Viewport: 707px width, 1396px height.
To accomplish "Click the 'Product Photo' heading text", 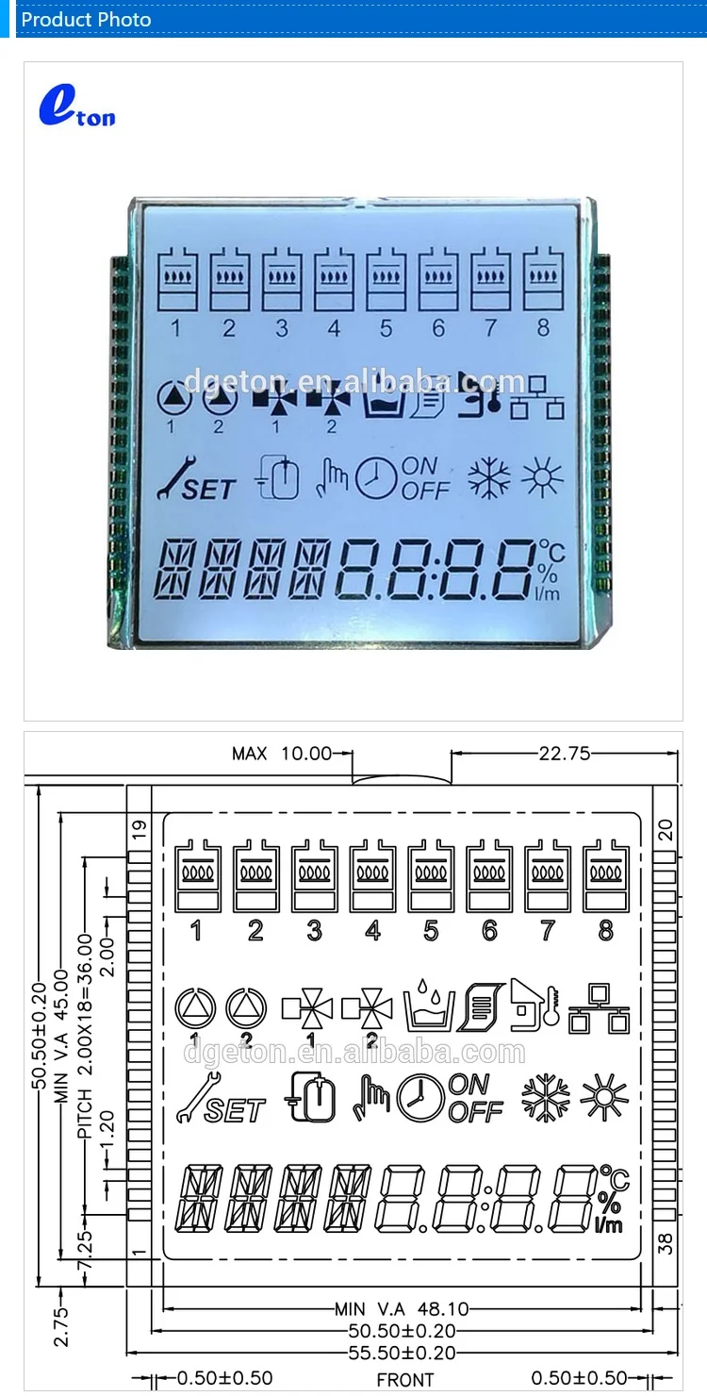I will pyautogui.click(x=86, y=19).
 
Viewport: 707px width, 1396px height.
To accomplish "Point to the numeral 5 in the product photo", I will pyautogui.click(x=386, y=328).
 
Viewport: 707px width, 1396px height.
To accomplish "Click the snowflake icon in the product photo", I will pyautogui.click(x=490, y=479).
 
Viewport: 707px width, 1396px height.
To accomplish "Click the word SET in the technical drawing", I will pyautogui.click(x=235, y=1110).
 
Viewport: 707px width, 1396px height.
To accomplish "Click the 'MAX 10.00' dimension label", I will pyautogui.click(x=282, y=754).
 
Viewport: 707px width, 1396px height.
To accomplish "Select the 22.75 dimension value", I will pyautogui.click(x=564, y=754).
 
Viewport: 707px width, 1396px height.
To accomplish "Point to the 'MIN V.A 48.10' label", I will pyautogui.click(x=401, y=1309).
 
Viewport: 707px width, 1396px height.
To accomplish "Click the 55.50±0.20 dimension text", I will pyautogui.click(x=402, y=1353).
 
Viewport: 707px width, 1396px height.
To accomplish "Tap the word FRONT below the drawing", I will pyautogui.click(x=405, y=1380).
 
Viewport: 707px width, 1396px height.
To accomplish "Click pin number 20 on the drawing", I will pyautogui.click(x=666, y=830).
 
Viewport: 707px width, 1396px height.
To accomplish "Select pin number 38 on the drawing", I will pyautogui.click(x=666, y=1244).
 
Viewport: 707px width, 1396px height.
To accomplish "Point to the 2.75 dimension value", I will pyautogui.click(x=61, y=1325).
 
